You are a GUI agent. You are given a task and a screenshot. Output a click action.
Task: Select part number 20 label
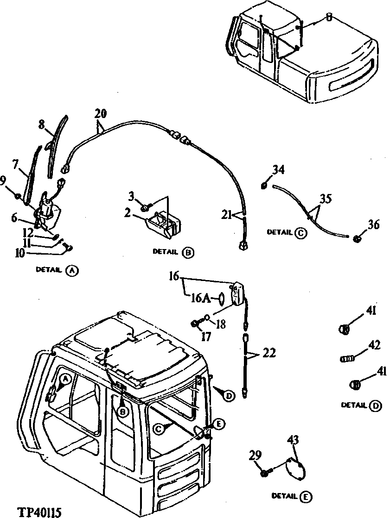[x=100, y=113]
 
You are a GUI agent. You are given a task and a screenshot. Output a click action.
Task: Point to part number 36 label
[x=374, y=225]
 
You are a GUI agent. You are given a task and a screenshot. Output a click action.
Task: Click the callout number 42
[x=374, y=345]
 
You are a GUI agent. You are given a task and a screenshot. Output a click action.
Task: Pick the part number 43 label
[x=293, y=439]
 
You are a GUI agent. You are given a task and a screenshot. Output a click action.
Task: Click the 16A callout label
[x=203, y=299]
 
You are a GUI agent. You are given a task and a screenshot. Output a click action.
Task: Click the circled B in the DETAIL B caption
[x=188, y=253]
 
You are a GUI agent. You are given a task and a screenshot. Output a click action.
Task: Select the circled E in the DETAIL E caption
[x=306, y=497]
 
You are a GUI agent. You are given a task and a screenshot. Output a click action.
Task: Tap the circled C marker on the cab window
[x=159, y=430]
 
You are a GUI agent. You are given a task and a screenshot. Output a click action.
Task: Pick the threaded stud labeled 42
[x=347, y=358]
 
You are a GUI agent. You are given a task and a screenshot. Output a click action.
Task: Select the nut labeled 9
[x=17, y=197]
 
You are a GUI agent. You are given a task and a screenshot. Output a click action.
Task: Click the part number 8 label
[x=41, y=124]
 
